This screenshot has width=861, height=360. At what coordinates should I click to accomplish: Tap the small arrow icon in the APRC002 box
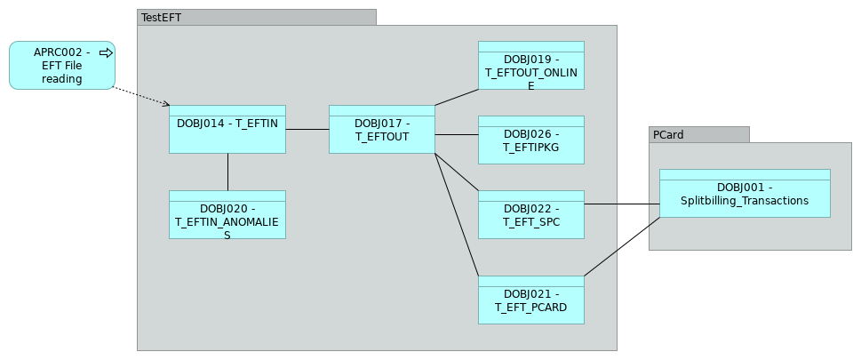(106, 53)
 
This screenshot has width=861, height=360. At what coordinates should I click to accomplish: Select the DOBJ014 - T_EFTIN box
(227, 130)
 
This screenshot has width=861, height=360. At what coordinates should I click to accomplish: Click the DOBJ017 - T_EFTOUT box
(381, 130)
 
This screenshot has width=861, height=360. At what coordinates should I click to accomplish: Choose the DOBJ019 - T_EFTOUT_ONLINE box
(530, 66)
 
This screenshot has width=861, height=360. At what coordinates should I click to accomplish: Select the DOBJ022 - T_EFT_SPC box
(530, 215)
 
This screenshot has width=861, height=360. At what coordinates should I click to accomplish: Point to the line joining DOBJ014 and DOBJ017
(307, 130)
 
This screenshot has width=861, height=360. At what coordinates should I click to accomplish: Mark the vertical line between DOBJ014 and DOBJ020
(227, 172)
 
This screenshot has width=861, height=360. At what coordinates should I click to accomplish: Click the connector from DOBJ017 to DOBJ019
(457, 98)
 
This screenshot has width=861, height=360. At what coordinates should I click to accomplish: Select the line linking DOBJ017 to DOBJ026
(457, 135)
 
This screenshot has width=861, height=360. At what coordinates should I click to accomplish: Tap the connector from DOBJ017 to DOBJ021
(457, 214)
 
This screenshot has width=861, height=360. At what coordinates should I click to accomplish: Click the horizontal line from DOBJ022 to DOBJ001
(622, 204)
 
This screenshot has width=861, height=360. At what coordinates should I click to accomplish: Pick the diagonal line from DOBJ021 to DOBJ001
(622, 246)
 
